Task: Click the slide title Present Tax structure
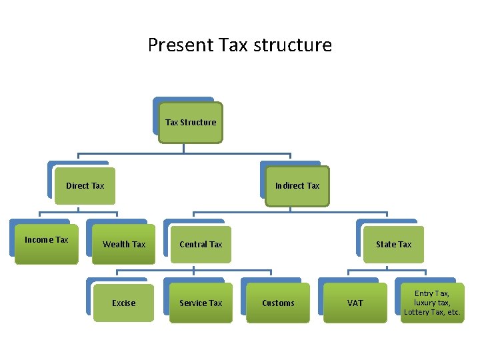pos(239,45)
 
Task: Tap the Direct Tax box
pos(85,185)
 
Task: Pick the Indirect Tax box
pos(297,185)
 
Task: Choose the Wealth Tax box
pos(123,244)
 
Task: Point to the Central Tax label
pos(201,244)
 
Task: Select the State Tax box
pos(393,244)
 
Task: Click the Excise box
pos(123,303)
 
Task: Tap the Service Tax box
pos(201,303)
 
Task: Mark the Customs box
pos(278,303)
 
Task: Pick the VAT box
pos(355,303)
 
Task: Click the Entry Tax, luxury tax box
pos(432,303)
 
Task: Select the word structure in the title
pos(299,45)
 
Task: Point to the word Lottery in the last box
pos(417,312)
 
